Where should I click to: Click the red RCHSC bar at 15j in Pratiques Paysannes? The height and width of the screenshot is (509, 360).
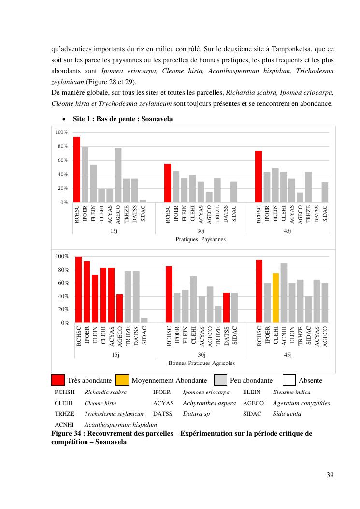pos(76,169)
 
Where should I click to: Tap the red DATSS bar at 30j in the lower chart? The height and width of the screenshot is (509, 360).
pos(226,307)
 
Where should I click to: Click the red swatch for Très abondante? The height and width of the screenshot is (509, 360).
pos(58,380)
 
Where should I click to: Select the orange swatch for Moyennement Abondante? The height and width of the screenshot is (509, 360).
pos(122,380)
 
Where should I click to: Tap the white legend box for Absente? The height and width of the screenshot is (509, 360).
pos(289,380)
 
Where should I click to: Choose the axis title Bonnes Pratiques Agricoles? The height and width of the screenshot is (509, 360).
pos(202,363)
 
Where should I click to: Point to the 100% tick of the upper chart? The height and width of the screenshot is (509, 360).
pos(61,132)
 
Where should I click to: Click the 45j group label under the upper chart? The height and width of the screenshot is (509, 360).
pos(287,231)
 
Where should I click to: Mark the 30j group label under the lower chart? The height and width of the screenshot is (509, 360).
pos(202,355)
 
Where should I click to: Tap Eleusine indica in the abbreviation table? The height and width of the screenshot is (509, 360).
pos(291,392)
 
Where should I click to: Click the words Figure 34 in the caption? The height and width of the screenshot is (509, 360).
pos(67,433)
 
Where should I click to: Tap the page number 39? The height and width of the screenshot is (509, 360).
pos(330,474)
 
